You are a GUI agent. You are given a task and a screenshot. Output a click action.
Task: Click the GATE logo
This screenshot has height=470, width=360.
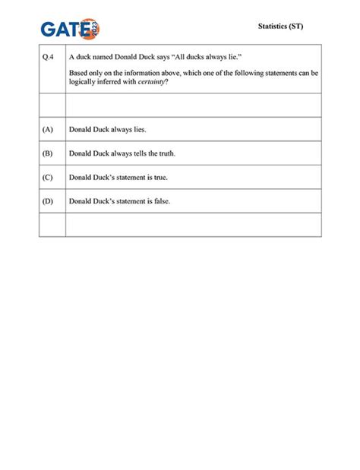point(70,30)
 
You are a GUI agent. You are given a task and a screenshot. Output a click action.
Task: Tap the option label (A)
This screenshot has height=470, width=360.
point(49,130)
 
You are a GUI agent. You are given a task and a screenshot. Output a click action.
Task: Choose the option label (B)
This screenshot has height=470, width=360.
point(49,153)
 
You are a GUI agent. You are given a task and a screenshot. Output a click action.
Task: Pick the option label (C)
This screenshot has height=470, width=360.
point(49,178)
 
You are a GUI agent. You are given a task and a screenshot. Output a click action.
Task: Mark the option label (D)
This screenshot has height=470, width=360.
point(49,201)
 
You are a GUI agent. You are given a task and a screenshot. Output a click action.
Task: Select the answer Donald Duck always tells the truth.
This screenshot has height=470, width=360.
point(122,153)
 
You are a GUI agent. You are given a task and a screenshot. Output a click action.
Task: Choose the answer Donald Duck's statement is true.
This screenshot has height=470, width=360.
point(118,178)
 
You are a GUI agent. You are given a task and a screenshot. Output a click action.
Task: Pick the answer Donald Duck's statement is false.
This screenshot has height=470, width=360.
point(119,201)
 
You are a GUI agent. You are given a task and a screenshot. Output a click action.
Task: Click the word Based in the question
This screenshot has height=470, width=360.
point(78,73)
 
